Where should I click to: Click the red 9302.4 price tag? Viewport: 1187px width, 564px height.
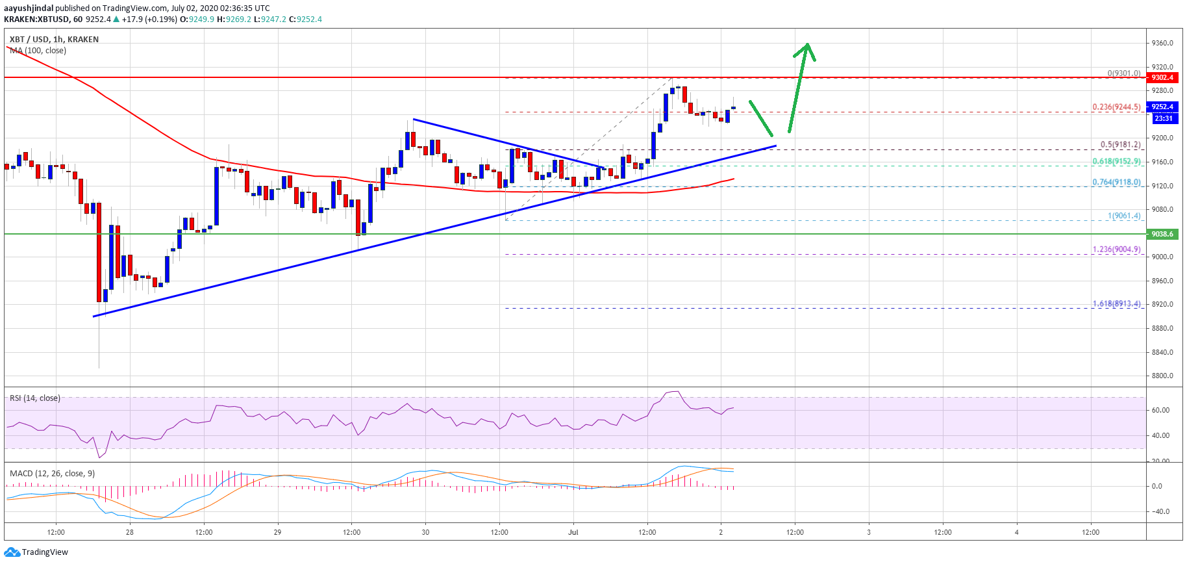(1162, 77)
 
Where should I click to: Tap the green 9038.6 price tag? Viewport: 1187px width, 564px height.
(1162, 234)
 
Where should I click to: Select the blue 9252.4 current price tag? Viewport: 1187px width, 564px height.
(1162, 107)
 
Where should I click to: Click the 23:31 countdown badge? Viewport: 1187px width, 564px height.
(1163, 118)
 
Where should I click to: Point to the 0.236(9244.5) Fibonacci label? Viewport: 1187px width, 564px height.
(1116, 107)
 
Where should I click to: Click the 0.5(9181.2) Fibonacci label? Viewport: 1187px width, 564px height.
(1119, 144)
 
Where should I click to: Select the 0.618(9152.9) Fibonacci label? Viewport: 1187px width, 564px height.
(1116, 161)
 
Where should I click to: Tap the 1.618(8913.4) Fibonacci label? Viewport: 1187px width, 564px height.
(1116, 303)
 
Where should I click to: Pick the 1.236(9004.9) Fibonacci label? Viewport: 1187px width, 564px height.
(1116, 249)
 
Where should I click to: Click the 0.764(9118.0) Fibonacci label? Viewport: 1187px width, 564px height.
(1116, 182)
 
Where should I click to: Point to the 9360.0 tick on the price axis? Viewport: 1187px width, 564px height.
(1162, 43)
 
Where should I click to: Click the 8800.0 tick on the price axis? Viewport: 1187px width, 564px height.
(1162, 376)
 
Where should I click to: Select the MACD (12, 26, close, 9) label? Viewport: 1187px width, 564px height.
(52, 473)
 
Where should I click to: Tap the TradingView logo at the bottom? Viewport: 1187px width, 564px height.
(36, 552)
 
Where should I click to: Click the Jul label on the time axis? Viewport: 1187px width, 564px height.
(573, 532)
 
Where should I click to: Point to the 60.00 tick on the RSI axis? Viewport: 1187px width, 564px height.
(1160, 410)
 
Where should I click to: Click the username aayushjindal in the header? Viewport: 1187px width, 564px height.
(29, 8)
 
